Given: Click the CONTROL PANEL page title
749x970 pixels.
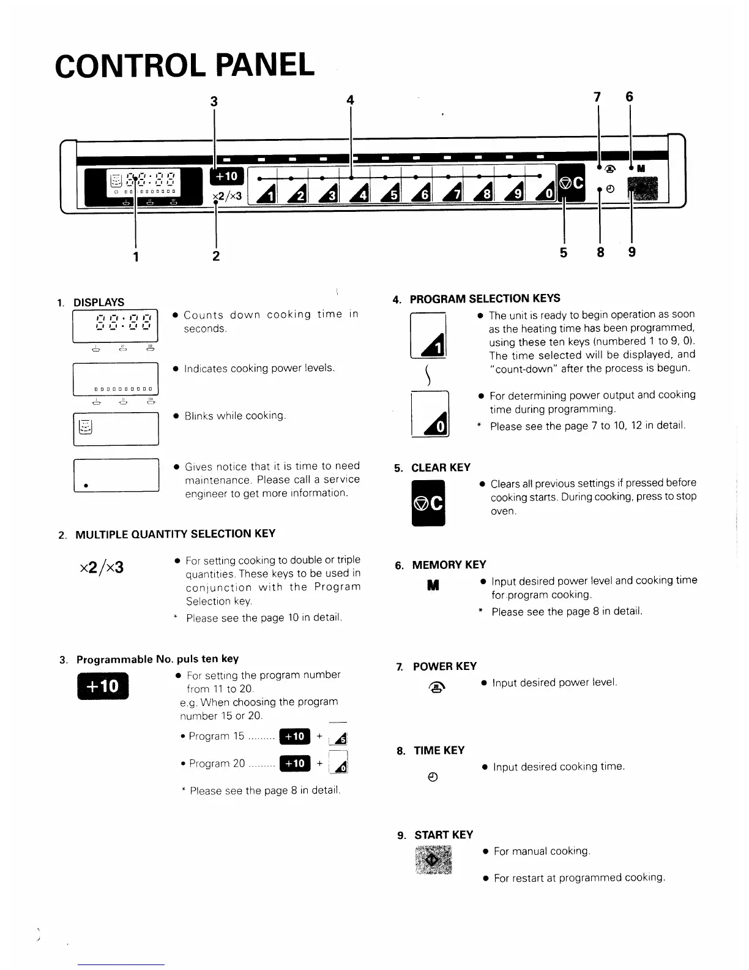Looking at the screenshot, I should tap(184, 65).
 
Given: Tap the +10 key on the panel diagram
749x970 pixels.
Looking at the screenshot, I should tap(226, 176).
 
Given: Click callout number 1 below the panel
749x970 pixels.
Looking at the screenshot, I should tap(136, 256).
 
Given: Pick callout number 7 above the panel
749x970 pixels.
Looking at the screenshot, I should tap(597, 96).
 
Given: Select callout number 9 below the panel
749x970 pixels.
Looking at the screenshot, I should tap(632, 252).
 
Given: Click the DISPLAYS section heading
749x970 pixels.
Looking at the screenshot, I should tap(99, 303).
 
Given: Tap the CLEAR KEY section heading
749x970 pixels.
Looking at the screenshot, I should tap(441, 468).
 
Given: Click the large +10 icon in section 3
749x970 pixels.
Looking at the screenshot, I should tap(103, 686).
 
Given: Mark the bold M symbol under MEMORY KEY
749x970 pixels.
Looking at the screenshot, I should tap(433, 586).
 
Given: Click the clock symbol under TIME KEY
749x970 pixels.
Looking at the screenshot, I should tap(433, 778).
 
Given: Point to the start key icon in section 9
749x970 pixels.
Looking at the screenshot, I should tap(433, 860).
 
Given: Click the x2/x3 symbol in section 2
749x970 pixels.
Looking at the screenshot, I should tap(102, 568).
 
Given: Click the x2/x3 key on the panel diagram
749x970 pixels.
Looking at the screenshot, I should tap(227, 196).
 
